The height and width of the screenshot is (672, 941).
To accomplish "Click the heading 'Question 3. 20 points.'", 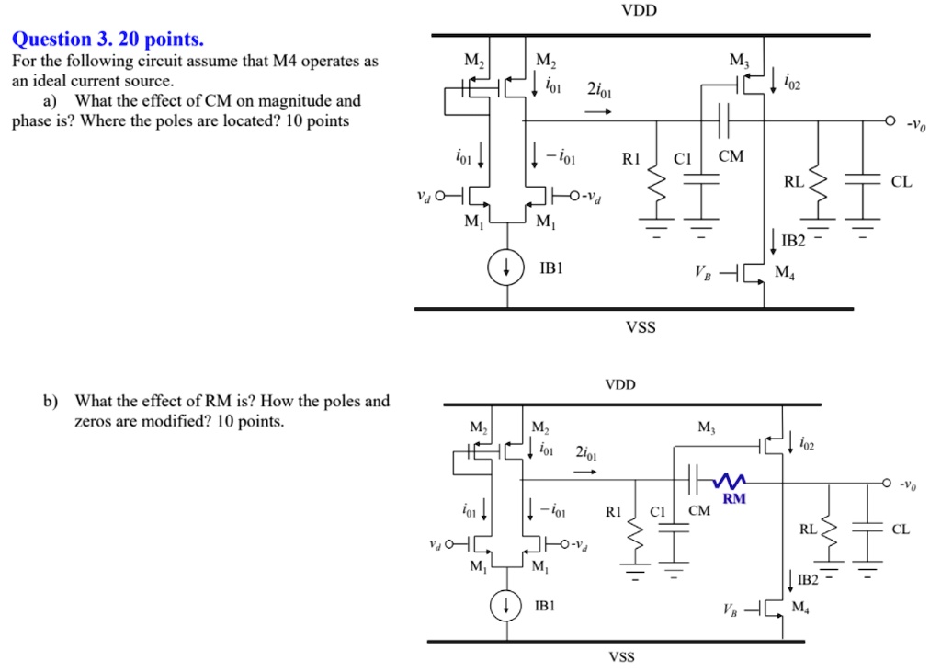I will coord(107,40).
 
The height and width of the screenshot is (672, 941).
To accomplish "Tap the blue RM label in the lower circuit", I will coord(733,499).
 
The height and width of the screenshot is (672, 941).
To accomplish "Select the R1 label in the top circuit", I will coord(631,157).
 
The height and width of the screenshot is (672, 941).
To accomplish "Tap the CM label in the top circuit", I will coord(731,156).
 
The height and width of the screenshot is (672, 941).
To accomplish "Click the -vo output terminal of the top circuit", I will coord(890,120).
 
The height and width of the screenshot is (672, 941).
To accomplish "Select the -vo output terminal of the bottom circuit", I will coord(887,482).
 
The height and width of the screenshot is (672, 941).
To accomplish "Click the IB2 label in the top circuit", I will coord(792,242).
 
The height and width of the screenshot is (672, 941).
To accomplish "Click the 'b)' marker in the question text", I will coord(50,402).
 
